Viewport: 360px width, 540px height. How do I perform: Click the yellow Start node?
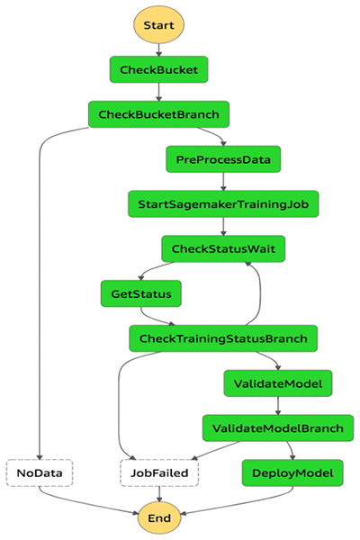pyautogui.click(x=158, y=25)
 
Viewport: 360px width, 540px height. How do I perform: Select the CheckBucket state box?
pyautogui.click(x=158, y=69)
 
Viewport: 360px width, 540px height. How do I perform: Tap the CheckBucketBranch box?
pyautogui.click(x=158, y=114)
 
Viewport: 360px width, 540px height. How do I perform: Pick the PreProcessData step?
pyautogui.click(x=223, y=159)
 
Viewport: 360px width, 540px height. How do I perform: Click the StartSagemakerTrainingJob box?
pyautogui.click(x=223, y=204)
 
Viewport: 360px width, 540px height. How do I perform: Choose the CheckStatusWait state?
pyautogui.click(x=223, y=248)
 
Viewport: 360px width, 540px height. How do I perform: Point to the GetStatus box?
pyautogui.click(x=141, y=293)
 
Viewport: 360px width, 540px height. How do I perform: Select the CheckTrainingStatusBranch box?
pyautogui.click(x=223, y=338)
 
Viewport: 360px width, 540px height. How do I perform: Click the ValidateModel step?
pyautogui.click(x=278, y=383)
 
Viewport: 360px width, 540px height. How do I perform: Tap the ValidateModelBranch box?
pyautogui.click(x=278, y=428)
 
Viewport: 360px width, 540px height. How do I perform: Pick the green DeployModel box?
pyautogui.click(x=292, y=472)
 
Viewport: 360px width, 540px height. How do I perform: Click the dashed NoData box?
pyautogui.click(x=40, y=472)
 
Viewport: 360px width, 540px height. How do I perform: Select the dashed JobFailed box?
pyautogui.click(x=159, y=472)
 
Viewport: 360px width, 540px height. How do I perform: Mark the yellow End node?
pyautogui.click(x=159, y=518)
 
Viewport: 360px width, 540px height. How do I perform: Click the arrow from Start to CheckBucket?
pyautogui.click(x=158, y=49)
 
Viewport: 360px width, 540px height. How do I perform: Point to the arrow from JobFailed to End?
pyautogui.click(x=159, y=494)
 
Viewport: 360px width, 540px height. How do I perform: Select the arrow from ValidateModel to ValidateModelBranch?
pyautogui.click(x=278, y=406)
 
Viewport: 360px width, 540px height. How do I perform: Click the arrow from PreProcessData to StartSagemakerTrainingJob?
pyautogui.click(x=223, y=182)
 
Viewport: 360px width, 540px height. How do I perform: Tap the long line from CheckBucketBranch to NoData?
pyautogui.click(x=40, y=292)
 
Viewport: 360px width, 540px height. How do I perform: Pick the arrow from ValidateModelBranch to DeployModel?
pyautogui.click(x=291, y=451)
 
